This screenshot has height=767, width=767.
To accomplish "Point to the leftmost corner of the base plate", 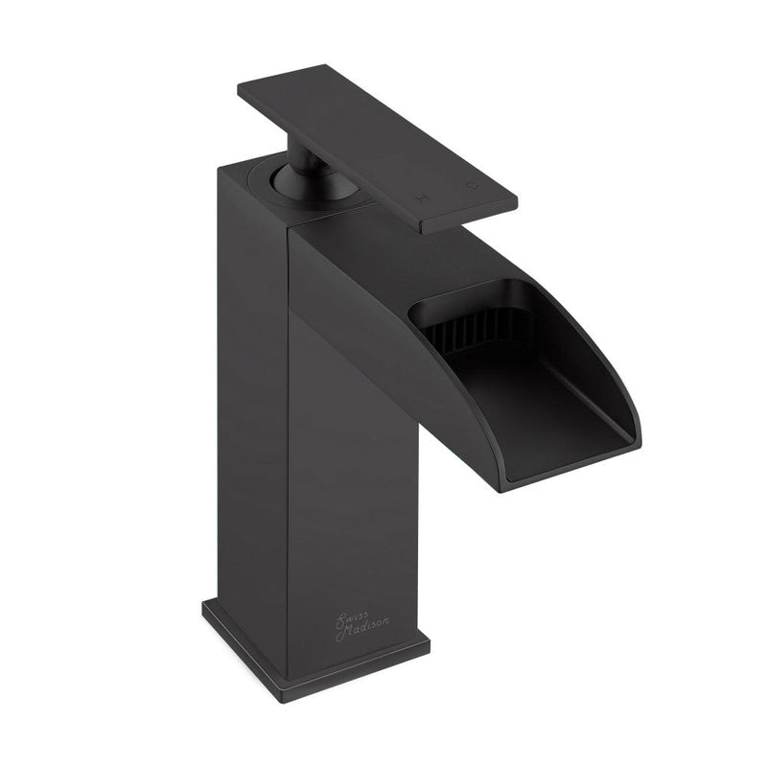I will [203, 605].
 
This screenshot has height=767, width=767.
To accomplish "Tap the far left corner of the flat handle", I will [239, 87].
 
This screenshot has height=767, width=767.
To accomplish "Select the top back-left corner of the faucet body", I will [219, 171].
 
